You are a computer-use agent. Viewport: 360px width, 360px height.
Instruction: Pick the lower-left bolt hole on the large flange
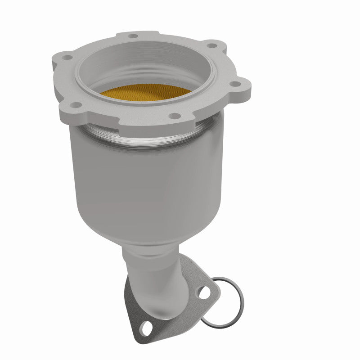point(77,105)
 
